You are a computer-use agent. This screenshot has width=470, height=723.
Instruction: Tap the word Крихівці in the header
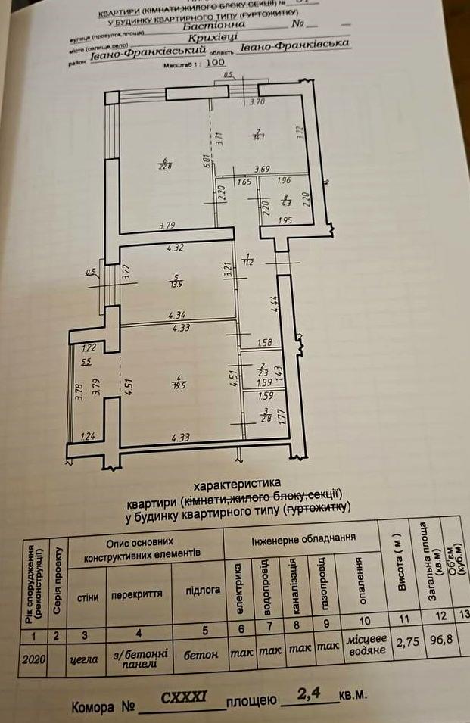pos(213,35)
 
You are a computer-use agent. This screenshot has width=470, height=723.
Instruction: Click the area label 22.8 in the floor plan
pos(165,165)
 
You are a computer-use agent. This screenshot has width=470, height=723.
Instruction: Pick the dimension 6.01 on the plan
pos(205,161)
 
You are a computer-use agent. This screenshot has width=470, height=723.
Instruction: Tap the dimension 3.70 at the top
pos(259,100)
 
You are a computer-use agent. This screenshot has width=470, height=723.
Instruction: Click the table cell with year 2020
pos(34,659)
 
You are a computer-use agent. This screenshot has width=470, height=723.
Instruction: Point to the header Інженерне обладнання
pos(302,539)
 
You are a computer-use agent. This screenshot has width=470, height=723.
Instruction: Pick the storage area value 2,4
pos(310,693)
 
